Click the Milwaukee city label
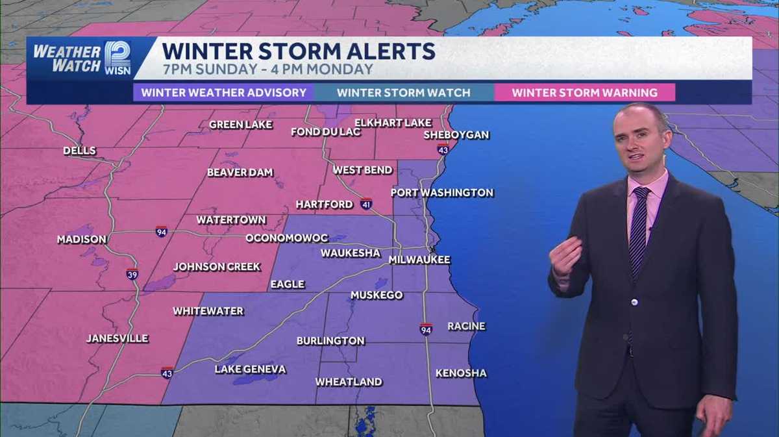(x=419, y=260)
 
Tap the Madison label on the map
(x=81, y=240)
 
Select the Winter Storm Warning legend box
(x=584, y=92)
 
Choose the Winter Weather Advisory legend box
(x=223, y=92)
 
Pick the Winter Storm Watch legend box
(x=403, y=92)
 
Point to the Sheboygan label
(x=456, y=135)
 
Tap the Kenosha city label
(x=461, y=373)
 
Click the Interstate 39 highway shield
(x=132, y=274)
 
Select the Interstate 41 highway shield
(x=366, y=204)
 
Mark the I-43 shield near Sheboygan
(x=443, y=149)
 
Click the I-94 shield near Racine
(x=425, y=329)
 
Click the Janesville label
(x=117, y=338)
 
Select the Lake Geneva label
(x=250, y=369)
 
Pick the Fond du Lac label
(x=315, y=132)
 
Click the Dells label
(x=79, y=151)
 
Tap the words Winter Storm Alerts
(x=299, y=51)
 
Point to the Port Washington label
(x=441, y=193)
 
